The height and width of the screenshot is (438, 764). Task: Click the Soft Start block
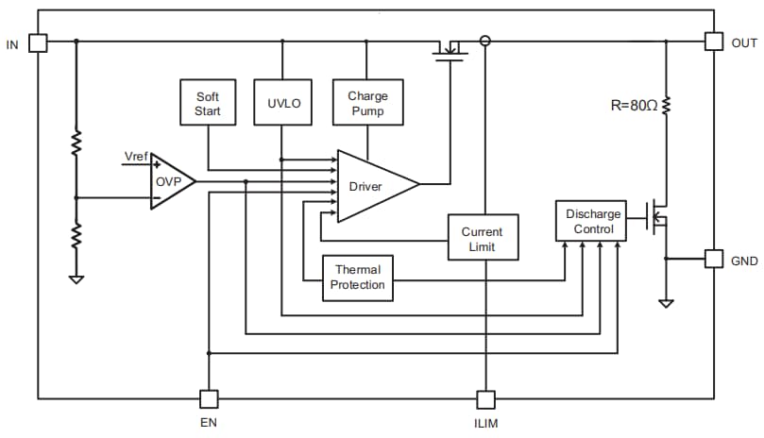(207, 102)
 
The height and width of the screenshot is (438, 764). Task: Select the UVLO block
(282, 102)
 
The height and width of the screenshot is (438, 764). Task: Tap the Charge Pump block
(367, 102)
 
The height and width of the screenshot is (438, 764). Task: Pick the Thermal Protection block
(358, 278)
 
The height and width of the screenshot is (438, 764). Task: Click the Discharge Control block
(593, 221)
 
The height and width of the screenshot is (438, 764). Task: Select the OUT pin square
(715, 42)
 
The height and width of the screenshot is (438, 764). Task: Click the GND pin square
(715, 259)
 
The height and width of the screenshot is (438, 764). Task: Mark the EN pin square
(209, 399)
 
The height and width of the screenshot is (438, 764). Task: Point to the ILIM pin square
(484, 399)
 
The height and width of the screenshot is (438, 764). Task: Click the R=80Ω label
(633, 106)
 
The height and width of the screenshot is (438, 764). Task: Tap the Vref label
(136, 156)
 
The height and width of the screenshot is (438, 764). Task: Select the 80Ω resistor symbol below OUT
(667, 106)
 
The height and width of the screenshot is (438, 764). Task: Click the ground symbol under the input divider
(76, 278)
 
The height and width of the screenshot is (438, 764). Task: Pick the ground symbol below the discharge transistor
(667, 303)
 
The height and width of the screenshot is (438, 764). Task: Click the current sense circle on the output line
(485, 41)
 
